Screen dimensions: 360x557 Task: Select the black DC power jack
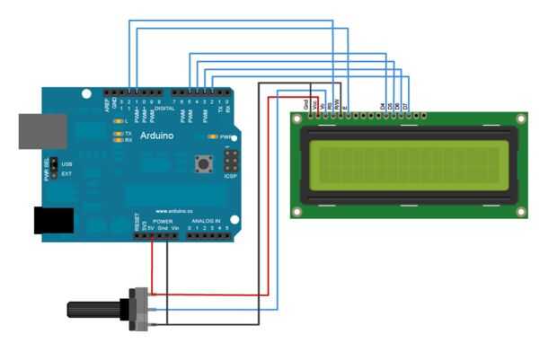point(53,221)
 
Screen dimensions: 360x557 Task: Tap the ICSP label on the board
point(230,176)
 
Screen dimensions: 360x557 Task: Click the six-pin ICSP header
point(231,162)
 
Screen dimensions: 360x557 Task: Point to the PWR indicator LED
point(211,136)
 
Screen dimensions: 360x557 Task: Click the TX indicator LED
point(117,133)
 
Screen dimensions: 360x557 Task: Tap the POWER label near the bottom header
point(163,220)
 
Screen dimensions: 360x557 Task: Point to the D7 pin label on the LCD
point(405,107)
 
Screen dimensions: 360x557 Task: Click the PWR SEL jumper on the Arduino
point(53,168)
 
